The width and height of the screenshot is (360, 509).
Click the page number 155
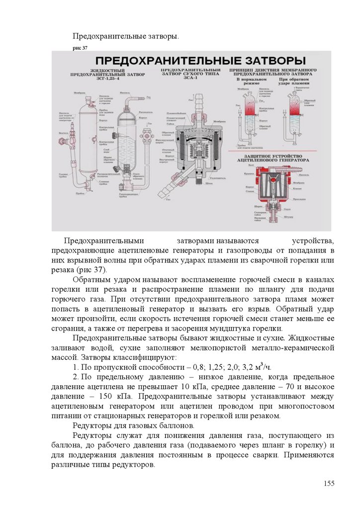tap(329, 484)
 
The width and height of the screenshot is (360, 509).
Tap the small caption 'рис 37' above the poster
tap(80, 48)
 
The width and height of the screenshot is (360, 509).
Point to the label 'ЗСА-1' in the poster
tap(191, 79)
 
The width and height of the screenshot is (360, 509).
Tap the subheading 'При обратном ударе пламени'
tap(292, 81)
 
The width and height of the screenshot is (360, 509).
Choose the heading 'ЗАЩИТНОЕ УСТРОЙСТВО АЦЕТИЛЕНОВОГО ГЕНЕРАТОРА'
tap(273, 158)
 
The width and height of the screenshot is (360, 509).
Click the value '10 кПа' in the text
tap(190, 387)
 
